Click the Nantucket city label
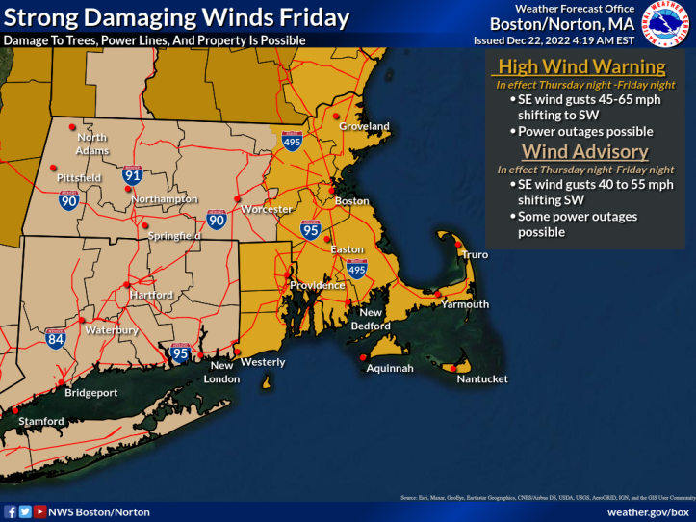(x=481, y=378)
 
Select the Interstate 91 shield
(x=133, y=174)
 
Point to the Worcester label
(x=267, y=209)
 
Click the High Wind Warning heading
(x=580, y=66)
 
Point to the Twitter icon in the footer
(x=25, y=512)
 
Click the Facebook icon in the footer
(x=10, y=512)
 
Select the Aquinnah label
(x=390, y=368)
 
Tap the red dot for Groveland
(x=337, y=116)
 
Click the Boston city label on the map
(x=352, y=201)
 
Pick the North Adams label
(x=92, y=144)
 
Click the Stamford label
(x=39, y=421)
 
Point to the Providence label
(x=318, y=285)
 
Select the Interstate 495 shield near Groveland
(x=293, y=142)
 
